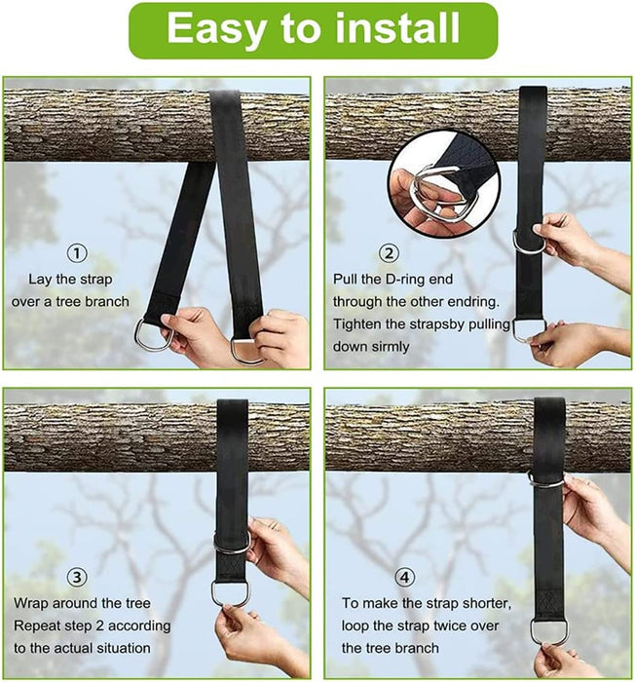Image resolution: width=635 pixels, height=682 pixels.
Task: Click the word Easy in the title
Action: pos(213,29)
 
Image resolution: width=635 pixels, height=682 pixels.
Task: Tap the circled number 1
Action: pos(77,253)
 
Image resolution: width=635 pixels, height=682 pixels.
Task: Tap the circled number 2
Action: pos(389,253)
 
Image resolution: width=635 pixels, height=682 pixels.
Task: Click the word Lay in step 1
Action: pos(40,279)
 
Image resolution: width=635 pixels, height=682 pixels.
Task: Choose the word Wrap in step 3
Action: pos(32,602)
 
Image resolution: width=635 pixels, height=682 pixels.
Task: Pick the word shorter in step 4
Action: pos(503,602)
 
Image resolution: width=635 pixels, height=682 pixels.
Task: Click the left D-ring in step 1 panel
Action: pos(154,335)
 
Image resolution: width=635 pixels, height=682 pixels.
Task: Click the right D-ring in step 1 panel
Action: pos(244,349)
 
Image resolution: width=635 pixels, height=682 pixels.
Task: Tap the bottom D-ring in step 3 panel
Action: pos(230,593)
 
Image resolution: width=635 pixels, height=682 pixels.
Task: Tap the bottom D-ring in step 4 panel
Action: pos(549,630)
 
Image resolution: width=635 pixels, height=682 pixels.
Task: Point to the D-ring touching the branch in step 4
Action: pos(546,479)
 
